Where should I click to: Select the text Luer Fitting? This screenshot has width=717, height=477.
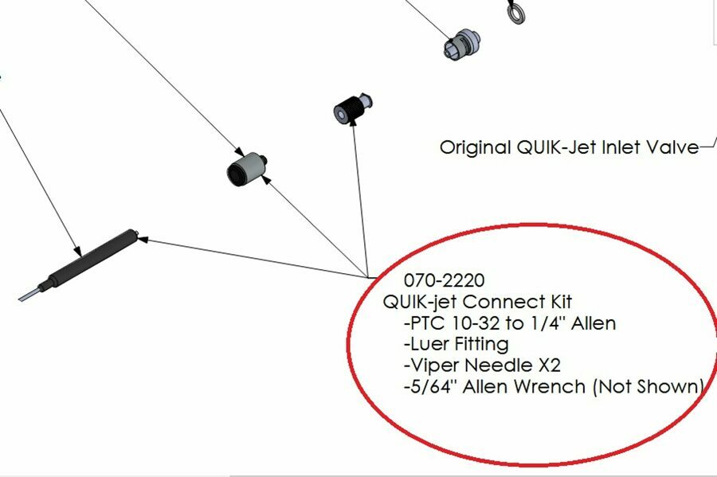point(458,344)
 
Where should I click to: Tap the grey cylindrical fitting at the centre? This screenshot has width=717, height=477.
point(245,168)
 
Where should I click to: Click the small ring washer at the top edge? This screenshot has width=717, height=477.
point(513,11)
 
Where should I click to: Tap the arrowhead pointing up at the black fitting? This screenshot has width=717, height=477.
point(351,129)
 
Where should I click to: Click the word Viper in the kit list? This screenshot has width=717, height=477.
point(432,366)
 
